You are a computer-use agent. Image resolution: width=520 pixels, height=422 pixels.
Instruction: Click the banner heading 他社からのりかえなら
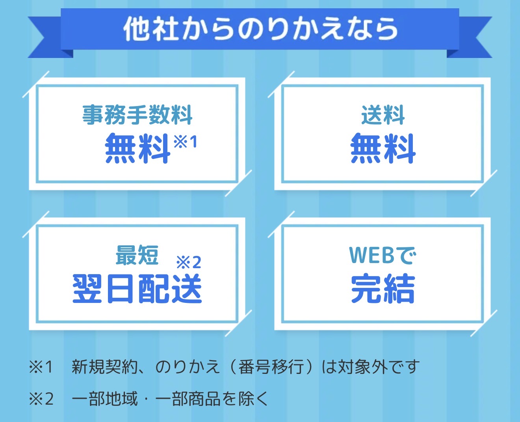[260, 28]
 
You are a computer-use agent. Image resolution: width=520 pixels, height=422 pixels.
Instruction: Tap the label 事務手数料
[137, 115]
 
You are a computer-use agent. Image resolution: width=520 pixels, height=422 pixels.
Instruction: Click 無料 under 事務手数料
[137, 148]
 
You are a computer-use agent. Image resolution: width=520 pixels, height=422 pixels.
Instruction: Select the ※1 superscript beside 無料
[185, 142]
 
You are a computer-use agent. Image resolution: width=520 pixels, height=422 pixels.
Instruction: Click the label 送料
[383, 115]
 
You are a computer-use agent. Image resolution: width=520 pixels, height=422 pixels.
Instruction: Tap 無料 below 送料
[383, 148]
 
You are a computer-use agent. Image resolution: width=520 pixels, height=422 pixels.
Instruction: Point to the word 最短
[137, 255]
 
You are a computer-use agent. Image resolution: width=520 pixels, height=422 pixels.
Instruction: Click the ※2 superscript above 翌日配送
[189, 262]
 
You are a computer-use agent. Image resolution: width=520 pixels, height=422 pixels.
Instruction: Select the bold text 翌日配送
[137, 289]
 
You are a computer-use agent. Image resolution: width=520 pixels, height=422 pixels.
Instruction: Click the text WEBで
[383, 255]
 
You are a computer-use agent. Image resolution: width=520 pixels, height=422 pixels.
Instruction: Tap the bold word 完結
[383, 289]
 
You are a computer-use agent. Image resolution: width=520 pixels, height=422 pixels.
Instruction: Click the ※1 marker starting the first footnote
[41, 367]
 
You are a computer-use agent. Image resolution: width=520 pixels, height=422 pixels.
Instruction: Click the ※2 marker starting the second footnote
[41, 399]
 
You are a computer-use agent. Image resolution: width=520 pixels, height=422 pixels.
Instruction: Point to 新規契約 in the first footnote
[104, 367]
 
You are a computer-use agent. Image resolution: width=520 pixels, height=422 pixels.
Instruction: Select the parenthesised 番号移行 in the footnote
[271, 367]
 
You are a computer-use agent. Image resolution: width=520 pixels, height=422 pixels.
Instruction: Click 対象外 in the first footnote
[363, 367]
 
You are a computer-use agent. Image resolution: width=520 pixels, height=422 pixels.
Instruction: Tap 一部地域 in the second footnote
[104, 399]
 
